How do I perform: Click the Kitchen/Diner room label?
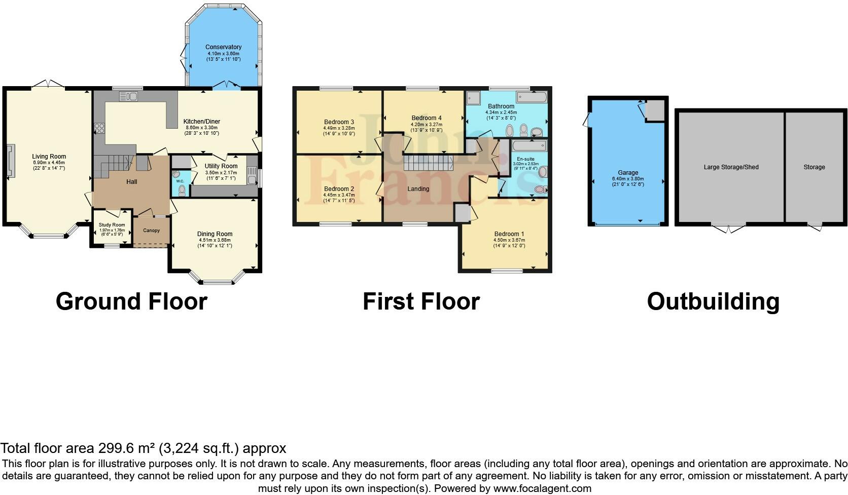tap(201, 122)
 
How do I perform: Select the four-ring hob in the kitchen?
tap(98, 128)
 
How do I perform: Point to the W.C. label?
tap(180, 181)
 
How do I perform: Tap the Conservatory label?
tap(223, 47)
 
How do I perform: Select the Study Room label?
tap(111, 225)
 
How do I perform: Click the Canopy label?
tap(151, 231)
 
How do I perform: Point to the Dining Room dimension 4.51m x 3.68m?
tap(215, 240)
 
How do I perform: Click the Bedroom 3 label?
tap(339, 122)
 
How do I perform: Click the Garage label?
tap(628, 173)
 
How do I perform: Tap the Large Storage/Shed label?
tap(731, 167)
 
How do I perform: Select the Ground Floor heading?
tap(131, 301)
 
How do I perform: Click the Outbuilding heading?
tap(713, 301)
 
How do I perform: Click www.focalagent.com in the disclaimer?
tap(542, 489)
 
